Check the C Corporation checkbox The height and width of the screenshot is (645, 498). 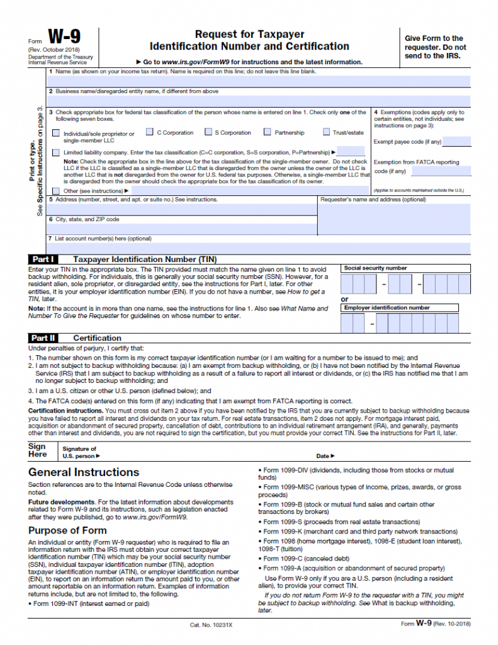tap(150, 132)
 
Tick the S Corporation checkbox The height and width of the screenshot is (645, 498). tap(208, 132)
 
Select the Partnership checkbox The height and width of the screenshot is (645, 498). tap(268, 132)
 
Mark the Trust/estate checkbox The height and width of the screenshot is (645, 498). tap(326, 132)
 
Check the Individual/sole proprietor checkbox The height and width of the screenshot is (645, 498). tap(57, 134)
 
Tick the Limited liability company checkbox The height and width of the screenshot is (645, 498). tap(57, 152)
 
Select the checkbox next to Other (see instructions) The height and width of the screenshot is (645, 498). tap(57, 190)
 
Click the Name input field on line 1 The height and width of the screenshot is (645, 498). tap(259, 81)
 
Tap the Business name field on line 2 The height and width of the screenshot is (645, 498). tap(259, 101)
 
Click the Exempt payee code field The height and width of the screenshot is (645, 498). tap(457, 142)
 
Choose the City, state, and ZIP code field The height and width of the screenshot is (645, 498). tap(183, 229)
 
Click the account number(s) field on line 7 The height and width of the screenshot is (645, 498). tap(259, 248)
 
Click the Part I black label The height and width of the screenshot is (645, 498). tap(43, 259)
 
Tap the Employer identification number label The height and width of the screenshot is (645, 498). tap(387, 308)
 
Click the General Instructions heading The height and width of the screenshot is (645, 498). tap(84, 472)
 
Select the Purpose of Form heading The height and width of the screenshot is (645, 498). tap(67, 530)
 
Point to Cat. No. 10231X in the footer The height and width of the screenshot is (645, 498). tap(211, 625)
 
